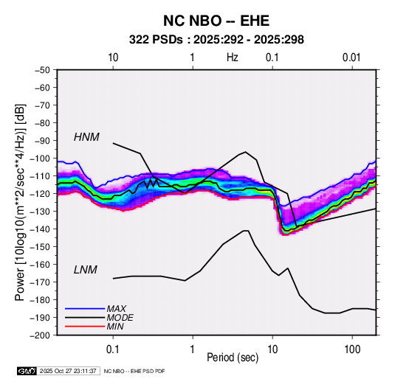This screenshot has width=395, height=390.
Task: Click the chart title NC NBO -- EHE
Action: [x=216, y=21]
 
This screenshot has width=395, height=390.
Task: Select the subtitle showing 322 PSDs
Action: [x=216, y=40]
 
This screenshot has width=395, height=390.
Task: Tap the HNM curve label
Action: [x=86, y=137]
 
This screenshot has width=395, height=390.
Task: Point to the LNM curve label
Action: [x=86, y=270]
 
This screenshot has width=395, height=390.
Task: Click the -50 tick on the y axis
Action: [x=42, y=70]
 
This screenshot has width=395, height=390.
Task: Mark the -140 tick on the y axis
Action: [x=40, y=229]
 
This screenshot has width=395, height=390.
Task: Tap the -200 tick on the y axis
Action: [x=40, y=335]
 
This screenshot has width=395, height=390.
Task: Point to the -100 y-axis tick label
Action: [x=40, y=159]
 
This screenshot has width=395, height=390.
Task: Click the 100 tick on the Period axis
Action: [x=352, y=349]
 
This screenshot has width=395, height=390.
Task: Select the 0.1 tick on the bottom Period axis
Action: [x=113, y=349]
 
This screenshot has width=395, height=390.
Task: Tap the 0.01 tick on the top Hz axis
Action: [x=351, y=58]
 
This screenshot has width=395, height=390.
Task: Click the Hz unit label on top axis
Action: [x=232, y=58]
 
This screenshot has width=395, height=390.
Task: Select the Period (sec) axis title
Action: [x=233, y=358]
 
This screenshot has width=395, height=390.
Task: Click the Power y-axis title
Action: [x=20, y=202]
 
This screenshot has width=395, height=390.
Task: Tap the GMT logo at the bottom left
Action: [x=27, y=371]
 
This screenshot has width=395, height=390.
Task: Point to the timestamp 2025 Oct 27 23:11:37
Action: [x=68, y=371]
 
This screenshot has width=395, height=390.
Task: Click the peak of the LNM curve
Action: [x=246, y=231]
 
